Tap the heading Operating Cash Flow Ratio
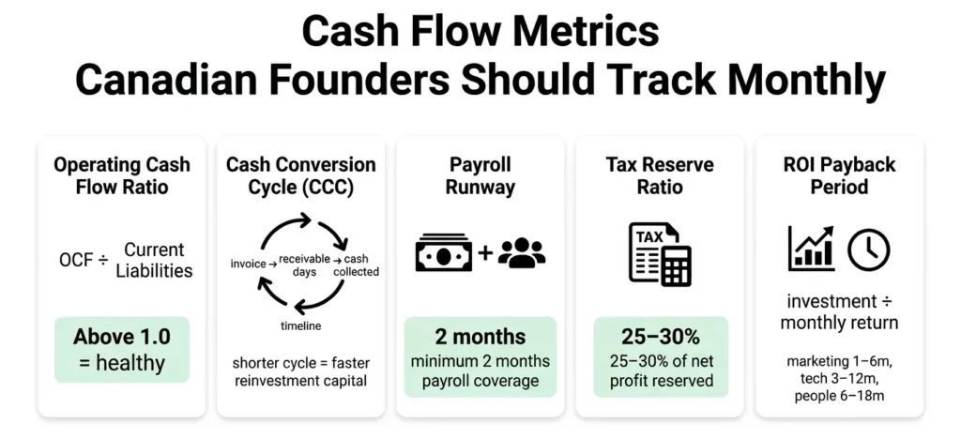(121, 175)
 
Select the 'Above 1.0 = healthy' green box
(121, 349)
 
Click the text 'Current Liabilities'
(154, 260)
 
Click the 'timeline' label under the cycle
(300, 325)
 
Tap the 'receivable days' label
(300, 265)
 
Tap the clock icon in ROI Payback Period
(868, 249)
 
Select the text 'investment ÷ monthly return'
(839, 312)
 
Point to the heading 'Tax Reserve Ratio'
(659, 175)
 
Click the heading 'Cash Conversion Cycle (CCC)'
(300, 175)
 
